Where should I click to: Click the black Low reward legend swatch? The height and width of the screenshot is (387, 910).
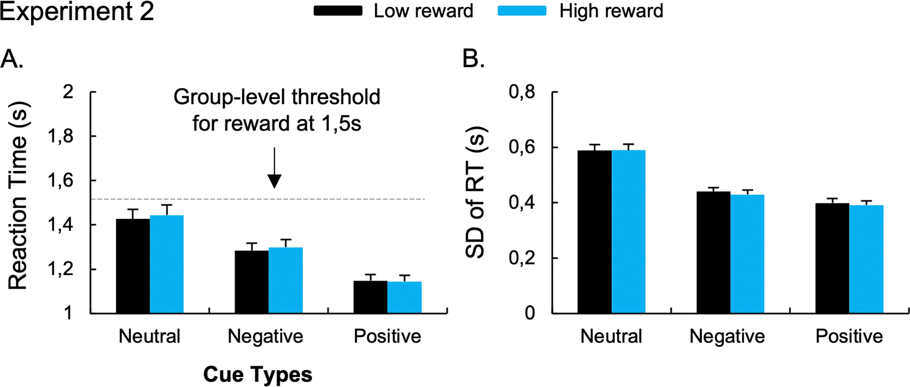338,11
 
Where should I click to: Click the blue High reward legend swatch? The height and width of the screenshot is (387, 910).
522,11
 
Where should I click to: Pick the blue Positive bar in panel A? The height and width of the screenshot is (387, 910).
404,297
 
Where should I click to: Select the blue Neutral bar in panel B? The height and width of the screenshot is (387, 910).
628,231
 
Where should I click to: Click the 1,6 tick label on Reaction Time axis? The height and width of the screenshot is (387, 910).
61,181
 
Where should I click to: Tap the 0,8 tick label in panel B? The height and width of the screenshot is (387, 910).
522,91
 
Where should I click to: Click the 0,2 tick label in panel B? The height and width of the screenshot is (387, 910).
522,258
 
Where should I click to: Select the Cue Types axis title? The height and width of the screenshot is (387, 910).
258,375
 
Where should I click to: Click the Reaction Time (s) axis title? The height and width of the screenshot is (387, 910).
18,196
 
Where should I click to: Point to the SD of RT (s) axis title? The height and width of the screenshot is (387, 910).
476,192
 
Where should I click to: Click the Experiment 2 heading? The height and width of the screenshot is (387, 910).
77,12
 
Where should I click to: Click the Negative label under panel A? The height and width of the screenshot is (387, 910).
265,336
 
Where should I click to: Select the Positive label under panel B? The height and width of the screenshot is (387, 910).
849,336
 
